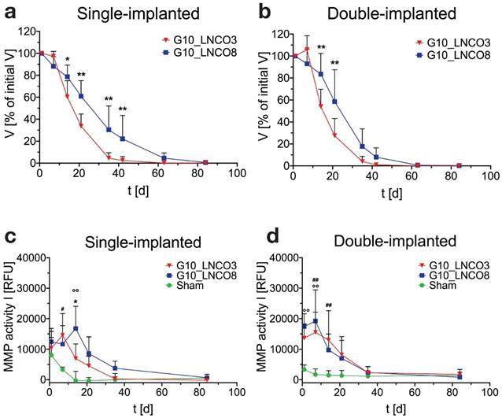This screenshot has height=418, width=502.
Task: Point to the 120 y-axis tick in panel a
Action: (27, 32)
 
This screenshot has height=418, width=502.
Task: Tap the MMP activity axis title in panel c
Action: (8, 319)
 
